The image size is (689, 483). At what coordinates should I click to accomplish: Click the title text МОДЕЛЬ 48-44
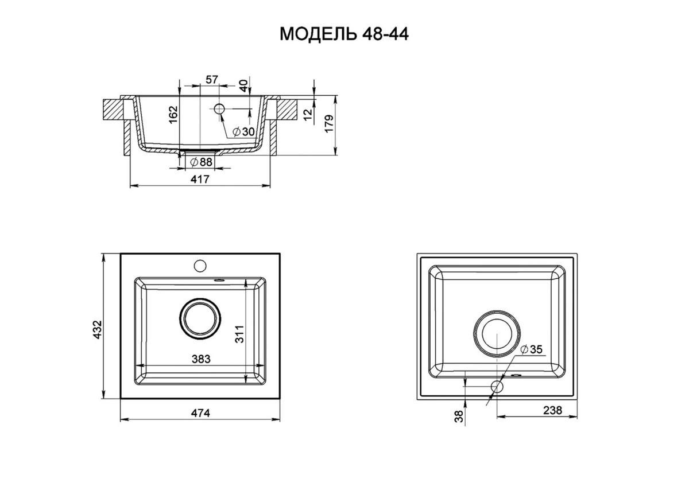344,34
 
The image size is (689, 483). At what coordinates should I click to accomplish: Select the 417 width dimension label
200,179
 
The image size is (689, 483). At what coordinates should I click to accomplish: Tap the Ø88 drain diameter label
202,162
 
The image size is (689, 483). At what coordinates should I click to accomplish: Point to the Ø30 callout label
244,132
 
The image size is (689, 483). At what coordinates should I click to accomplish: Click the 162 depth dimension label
173,115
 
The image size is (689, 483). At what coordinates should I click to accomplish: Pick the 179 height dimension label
329,124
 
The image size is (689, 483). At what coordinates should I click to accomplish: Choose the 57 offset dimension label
212,80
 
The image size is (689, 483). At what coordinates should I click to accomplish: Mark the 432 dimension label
98,330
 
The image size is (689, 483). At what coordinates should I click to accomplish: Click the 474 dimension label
200,413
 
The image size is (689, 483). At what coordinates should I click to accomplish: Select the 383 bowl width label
201,359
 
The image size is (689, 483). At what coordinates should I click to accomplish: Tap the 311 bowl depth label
239,334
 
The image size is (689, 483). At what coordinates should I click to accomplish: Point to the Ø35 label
532,349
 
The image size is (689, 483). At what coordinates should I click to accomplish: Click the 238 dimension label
552,410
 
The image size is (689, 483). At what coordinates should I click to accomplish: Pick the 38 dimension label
459,416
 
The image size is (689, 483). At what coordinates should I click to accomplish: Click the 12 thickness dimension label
308,114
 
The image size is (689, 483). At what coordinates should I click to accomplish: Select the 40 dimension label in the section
243,85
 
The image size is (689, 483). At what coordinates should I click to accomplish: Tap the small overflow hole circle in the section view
219,108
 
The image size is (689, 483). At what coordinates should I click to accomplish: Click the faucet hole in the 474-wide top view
200,266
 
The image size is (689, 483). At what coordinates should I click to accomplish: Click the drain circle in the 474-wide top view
200,319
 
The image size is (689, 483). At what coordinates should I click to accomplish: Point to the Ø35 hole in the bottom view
497,386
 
